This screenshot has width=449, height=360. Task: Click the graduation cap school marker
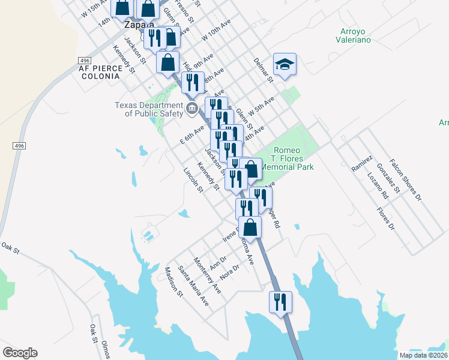pyautogui.click(x=285, y=64)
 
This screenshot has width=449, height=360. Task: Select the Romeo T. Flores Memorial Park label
pyautogui.click(x=293, y=158)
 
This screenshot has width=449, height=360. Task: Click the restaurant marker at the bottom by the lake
pyautogui.click(x=280, y=302)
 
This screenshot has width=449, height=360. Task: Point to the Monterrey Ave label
pyautogui.click(x=207, y=275)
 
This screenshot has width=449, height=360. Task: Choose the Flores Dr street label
pyautogui.click(x=385, y=219)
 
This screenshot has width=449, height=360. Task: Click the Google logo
pyautogui.click(x=20, y=353)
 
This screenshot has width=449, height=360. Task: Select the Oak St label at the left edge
pyautogui.click(x=10, y=247)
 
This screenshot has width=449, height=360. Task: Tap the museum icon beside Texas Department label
pyautogui.click(x=191, y=109)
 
